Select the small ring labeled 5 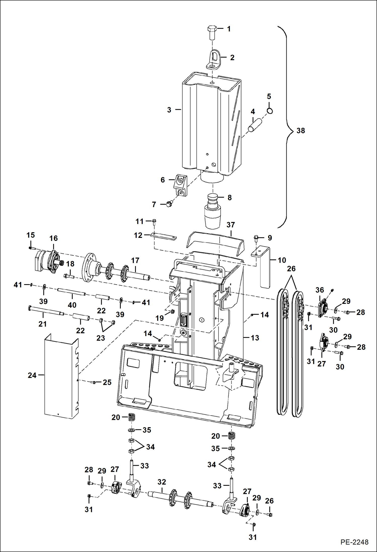[270, 111]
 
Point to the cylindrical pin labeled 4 [255, 125]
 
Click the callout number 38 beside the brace [300, 131]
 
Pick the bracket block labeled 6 [181, 185]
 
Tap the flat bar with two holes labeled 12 [163, 236]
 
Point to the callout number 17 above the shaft [135, 260]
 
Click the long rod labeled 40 [71, 292]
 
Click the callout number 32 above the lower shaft [162, 482]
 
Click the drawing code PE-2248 [354, 542]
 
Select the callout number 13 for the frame [255, 338]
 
